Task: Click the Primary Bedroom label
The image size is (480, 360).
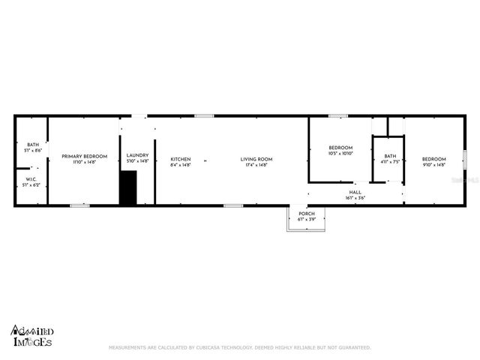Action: point(84,156)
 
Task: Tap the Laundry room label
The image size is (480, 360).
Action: point(137,155)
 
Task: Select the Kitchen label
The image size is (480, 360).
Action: point(181,159)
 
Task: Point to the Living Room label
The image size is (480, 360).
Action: point(256,159)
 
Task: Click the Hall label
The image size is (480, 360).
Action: point(355,192)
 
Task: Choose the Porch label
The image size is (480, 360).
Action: point(307,214)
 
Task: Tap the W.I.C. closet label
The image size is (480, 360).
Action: point(31,179)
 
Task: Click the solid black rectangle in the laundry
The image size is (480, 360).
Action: point(128,187)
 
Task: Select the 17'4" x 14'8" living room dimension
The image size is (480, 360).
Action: point(256,164)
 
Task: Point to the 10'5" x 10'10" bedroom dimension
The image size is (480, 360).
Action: point(340,153)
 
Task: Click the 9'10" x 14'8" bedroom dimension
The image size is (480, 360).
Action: point(433,164)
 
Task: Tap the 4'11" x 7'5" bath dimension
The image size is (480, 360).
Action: point(390,160)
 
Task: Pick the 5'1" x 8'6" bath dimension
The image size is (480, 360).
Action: point(33,151)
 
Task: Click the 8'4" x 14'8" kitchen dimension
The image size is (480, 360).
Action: point(181,164)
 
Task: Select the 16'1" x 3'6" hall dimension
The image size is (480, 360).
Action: point(355,197)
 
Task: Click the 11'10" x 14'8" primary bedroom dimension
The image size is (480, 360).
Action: point(84,162)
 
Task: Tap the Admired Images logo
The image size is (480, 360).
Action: point(31,336)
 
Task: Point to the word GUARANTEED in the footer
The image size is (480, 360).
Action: point(352,347)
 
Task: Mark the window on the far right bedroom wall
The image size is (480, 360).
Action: point(464,159)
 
